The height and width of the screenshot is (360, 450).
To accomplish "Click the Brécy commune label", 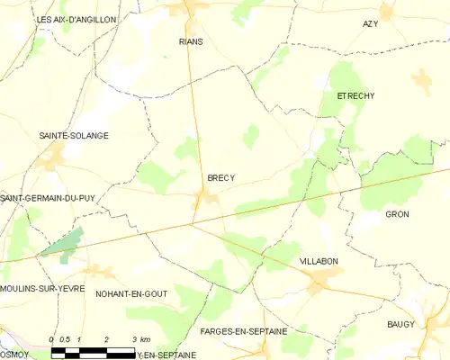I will click(x=220, y=178).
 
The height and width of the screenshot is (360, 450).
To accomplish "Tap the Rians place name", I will click(x=191, y=41).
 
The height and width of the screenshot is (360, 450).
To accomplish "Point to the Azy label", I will click(x=370, y=23).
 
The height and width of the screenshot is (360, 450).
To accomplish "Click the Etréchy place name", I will click(x=355, y=95).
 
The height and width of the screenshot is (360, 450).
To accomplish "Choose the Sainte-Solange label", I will click(x=74, y=136).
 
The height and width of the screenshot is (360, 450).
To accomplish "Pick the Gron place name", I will click(x=397, y=214).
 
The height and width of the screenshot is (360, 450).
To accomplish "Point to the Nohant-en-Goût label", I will click(x=131, y=293).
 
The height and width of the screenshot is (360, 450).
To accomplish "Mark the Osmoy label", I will click(x=13, y=354).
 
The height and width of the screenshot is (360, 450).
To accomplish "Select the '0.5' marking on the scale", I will click(x=66, y=339).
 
